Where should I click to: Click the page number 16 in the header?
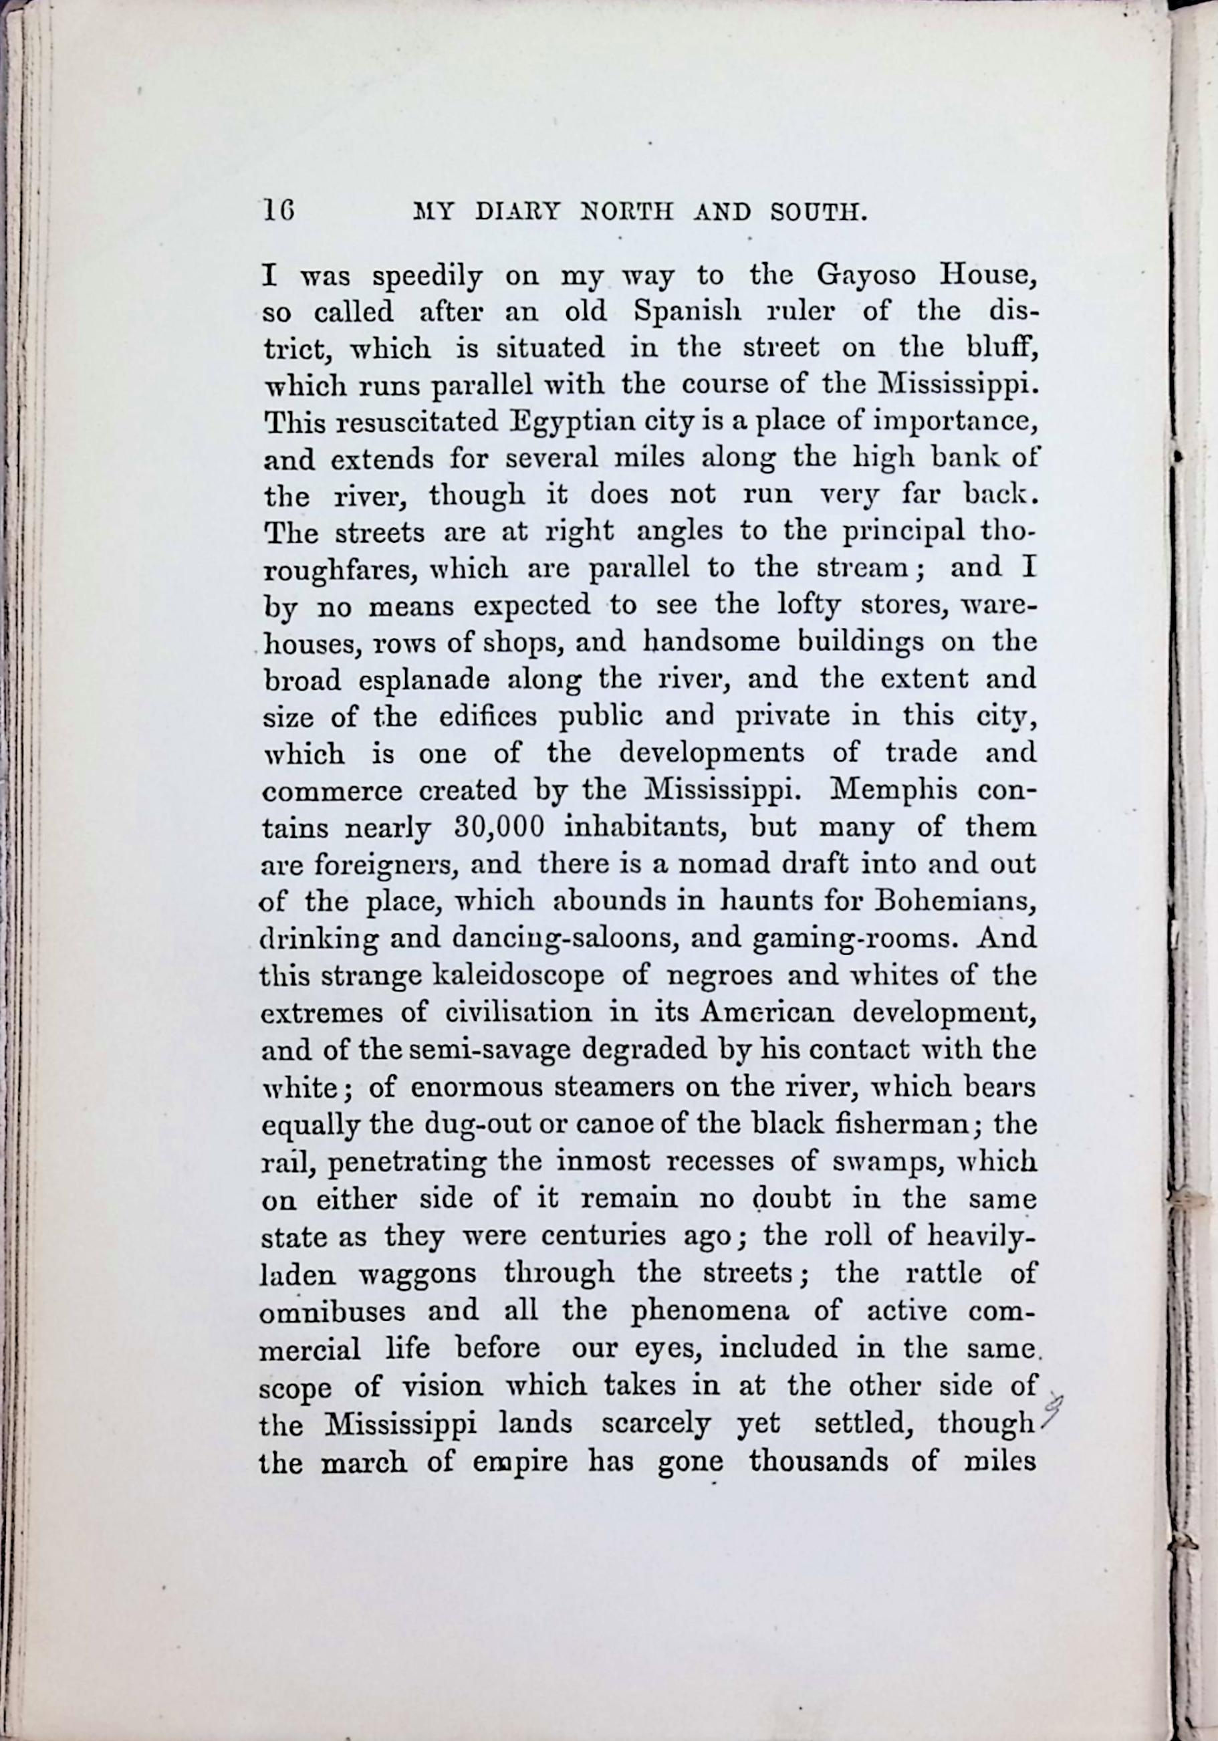point(278,209)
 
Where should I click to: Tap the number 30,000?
point(498,826)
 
